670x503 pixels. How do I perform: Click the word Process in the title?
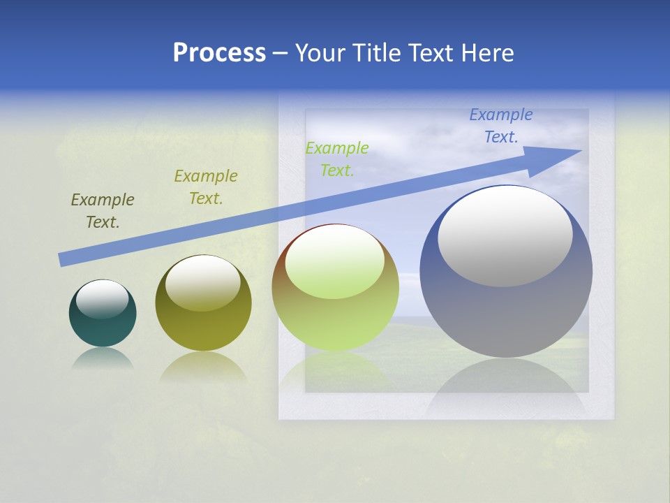pyautogui.click(x=219, y=53)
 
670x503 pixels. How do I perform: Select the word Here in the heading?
pyautogui.click(x=486, y=53)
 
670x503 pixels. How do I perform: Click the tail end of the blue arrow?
pyautogui.click(x=63, y=260)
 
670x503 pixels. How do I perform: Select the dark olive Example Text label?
pyautogui.click(x=103, y=211)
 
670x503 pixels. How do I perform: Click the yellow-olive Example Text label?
pyautogui.click(x=206, y=187)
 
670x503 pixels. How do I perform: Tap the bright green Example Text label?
pyautogui.click(x=337, y=159)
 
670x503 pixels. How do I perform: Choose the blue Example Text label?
pyautogui.click(x=501, y=126)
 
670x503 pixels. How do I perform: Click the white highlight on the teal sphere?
pyautogui.click(x=102, y=299)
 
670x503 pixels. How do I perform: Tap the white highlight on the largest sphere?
pyautogui.click(x=505, y=236)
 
